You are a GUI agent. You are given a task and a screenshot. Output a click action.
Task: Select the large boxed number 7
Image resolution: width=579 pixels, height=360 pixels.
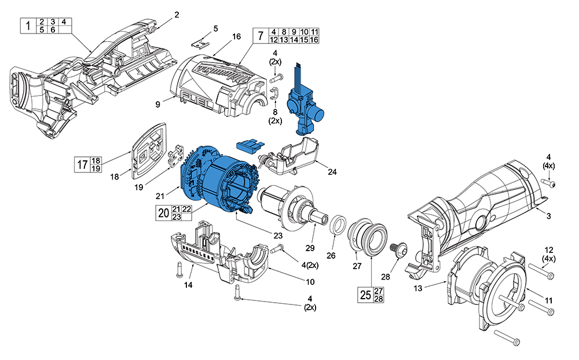pyautogui.click(x=260, y=36)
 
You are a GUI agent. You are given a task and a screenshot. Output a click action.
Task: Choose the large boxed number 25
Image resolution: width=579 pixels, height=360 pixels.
pyautogui.click(x=365, y=295)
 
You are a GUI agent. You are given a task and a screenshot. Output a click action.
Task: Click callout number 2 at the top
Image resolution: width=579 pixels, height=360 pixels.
pyautogui.click(x=177, y=14)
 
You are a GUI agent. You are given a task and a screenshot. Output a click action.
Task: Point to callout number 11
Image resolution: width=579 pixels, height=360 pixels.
pyautogui.click(x=548, y=300)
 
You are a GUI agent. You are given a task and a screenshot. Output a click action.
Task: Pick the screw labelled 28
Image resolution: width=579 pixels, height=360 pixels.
pyautogui.click(x=400, y=249)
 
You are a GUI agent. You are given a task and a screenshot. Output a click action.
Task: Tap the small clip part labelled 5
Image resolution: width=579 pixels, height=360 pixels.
pyautogui.click(x=201, y=42)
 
